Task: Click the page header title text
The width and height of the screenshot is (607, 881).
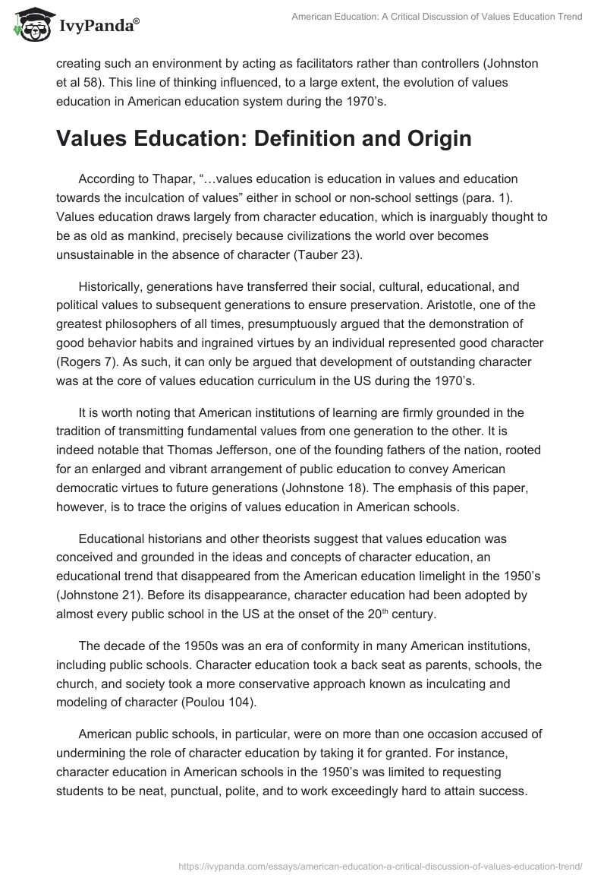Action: tap(437, 16)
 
